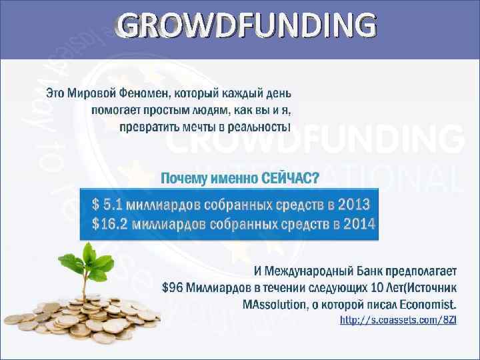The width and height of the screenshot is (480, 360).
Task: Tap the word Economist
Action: pos(429,304)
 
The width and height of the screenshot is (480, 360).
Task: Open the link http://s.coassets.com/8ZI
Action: pos(399,321)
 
